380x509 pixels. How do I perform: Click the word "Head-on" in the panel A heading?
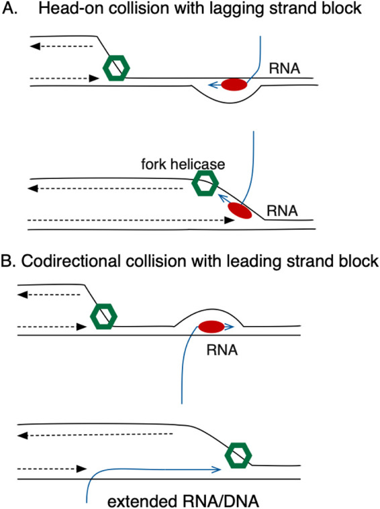(71, 8)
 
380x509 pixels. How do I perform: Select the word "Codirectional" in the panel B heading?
(71, 261)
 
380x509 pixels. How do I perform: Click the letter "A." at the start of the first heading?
(9, 9)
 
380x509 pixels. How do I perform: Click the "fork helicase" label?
(183, 164)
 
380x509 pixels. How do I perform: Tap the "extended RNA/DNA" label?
(183, 501)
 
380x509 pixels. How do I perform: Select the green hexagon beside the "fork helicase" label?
(205, 183)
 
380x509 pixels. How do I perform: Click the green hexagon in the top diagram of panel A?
(116, 68)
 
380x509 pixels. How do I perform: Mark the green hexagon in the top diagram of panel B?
(103, 316)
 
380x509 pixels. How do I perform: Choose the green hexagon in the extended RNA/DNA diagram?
(238, 455)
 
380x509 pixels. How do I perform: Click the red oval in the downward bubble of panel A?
(234, 84)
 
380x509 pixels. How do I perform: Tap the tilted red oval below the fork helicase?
(240, 211)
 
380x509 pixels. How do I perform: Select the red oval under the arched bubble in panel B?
(211, 327)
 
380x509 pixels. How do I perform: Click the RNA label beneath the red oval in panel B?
(222, 350)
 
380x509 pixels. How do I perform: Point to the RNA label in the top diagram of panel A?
(285, 68)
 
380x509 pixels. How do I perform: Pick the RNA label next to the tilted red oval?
(282, 211)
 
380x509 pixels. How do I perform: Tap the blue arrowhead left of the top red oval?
(213, 85)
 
